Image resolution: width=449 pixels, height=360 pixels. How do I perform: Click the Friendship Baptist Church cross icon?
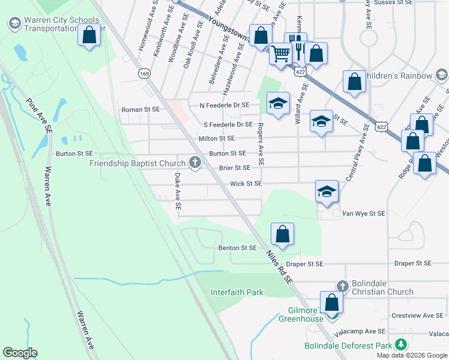click(194, 162)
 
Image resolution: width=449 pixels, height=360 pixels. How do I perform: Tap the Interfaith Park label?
click(237, 293)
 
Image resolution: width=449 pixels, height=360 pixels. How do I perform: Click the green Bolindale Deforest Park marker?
click(399, 345)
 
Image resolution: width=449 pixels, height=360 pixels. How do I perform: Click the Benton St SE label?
click(237, 248)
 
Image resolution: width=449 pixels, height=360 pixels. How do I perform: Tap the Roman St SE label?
click(140, 110)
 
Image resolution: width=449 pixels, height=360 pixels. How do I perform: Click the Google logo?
click(20, 353)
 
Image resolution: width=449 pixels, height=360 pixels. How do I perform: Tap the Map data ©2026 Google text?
click(411, 355)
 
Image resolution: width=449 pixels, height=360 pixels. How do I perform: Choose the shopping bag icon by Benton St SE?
click(282, 233)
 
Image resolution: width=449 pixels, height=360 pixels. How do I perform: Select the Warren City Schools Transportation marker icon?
click(15, 24)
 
